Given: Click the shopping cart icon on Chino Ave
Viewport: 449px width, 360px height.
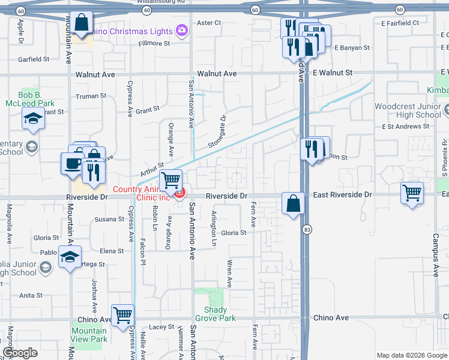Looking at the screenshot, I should click(x=122, y=314).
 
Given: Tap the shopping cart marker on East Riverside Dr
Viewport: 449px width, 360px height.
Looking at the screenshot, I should click(x=412, y=193).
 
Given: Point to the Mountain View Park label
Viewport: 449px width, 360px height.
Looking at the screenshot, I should click(x=89, y=335).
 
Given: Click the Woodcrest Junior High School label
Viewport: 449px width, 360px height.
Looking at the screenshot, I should click(x=408, y=110).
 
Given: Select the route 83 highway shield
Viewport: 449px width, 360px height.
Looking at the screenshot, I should click(x=307, y=229).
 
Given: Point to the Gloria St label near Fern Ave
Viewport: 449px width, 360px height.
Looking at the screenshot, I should click(x=234, y=233).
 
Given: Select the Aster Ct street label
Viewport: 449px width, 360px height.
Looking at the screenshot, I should click(x=209, y=23).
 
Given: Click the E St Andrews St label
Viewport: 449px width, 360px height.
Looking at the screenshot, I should click(x=406, y=127).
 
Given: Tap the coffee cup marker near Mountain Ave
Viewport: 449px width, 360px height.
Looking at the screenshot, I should click(x=73, y=163).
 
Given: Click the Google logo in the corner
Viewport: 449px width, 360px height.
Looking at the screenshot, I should click(x=20, y=353).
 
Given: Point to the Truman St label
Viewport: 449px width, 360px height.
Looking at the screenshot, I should click(x=91, y=96).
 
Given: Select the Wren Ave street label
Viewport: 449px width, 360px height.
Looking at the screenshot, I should click(x=229, y=273).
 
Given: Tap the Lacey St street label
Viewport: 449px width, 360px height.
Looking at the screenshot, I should click(x=161, y=327).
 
